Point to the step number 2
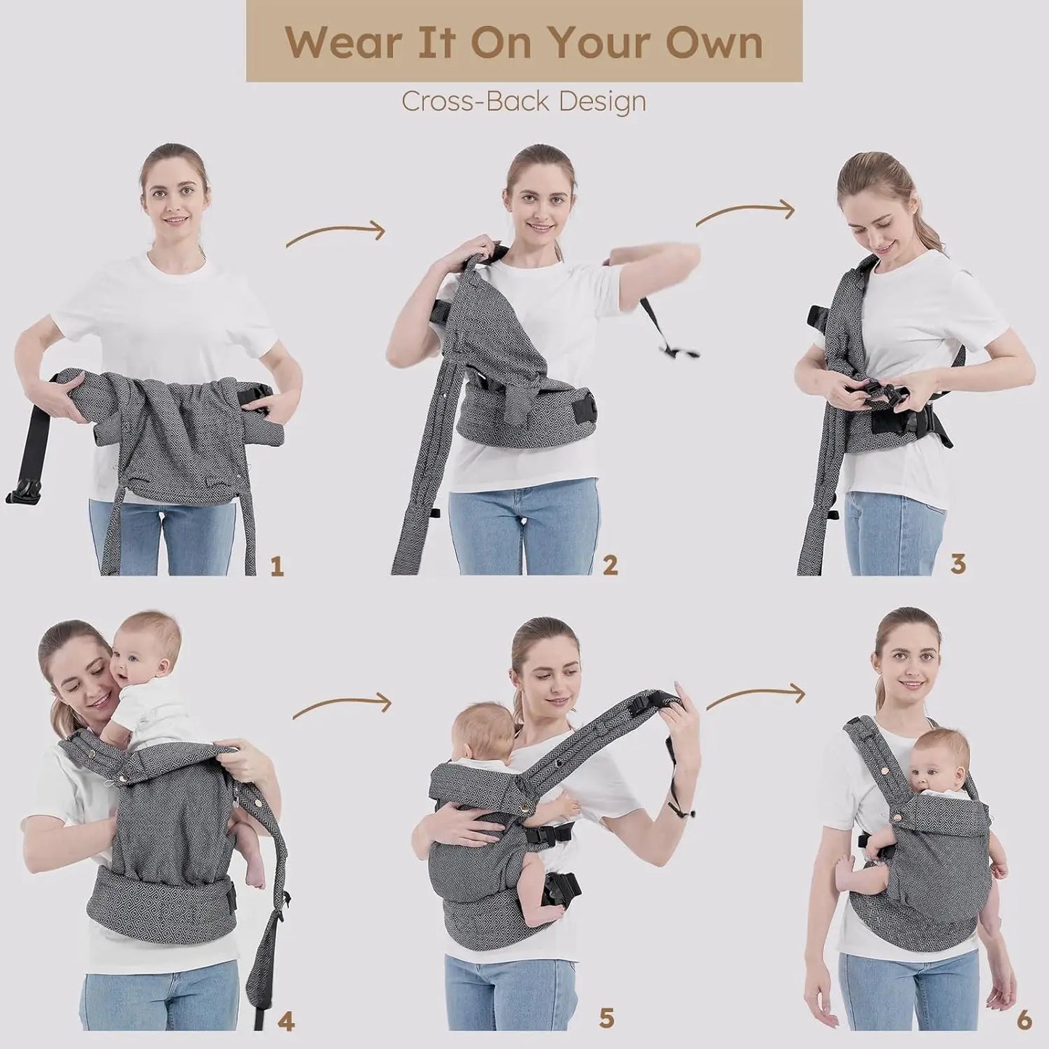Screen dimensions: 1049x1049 pos(610,566)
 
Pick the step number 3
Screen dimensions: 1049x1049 pos(958,564)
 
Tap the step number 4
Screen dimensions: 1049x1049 pos(286,1003)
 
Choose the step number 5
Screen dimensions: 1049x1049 pos(606,998)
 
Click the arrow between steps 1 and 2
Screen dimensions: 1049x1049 pos(335,230)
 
